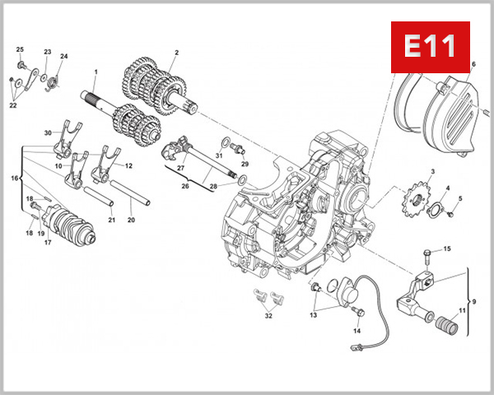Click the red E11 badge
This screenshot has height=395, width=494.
pyautogui.click(x=429, y=47)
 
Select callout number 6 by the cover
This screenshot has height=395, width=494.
pyautogui.click(x=473, y=64)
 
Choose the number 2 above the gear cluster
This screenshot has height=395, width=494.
pyautogui.click(x=175, y=53)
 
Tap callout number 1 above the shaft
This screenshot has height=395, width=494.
pyautogui.click(x=95, y=72)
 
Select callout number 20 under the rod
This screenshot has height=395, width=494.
pyautogui.click(x=131, y=220)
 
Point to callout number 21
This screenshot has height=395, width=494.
pyautogui.click(x=111, y=220)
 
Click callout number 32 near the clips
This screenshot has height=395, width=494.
pyautogui.click(x=268, y=316)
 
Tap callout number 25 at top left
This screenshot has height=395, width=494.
pyautogui.click(x=21, y=50)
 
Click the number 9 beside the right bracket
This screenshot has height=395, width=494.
pyautogui.click(x=473, y=302)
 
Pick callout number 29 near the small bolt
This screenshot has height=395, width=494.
pyautogui.click(x=245, y=164)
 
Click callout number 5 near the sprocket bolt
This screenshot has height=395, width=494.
pyautogui.click(x=460, y=198)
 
